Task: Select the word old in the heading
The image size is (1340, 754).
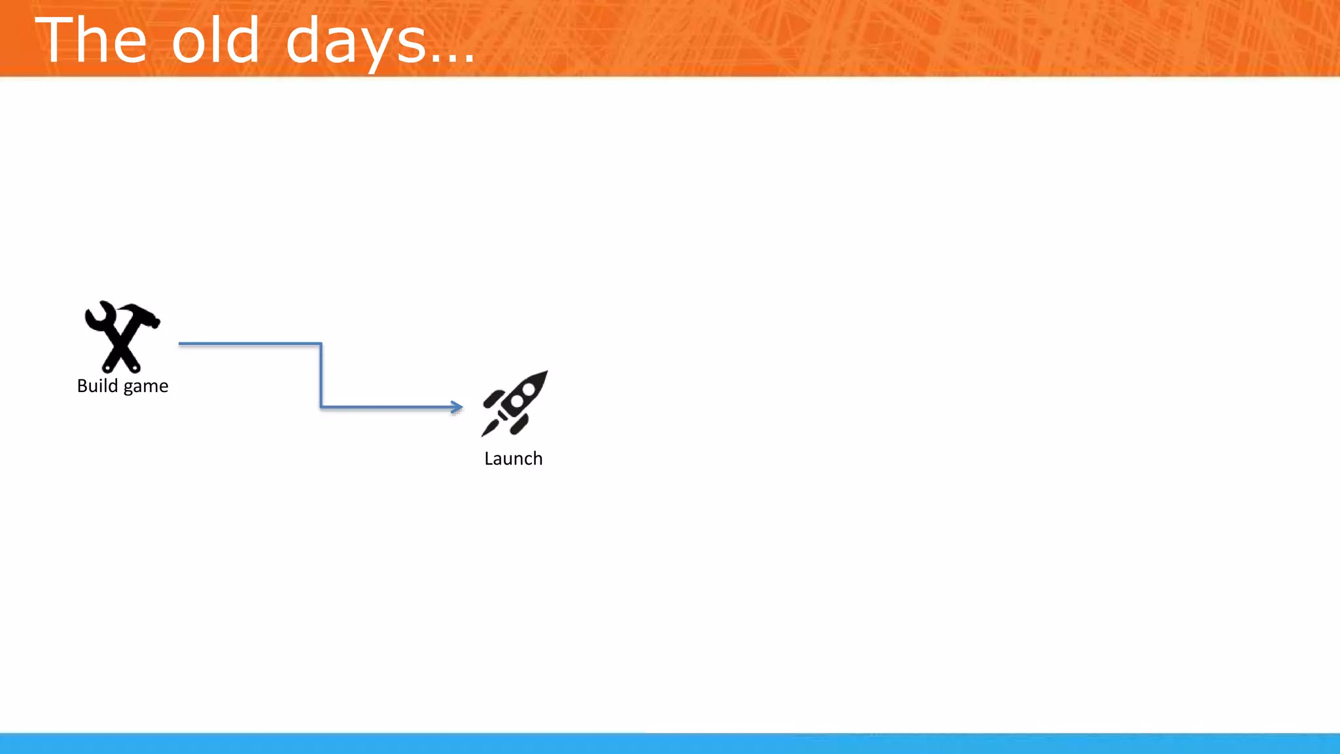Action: point(215,41)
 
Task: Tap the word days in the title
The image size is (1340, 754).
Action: point(356,42)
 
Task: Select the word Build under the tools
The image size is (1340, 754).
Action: point(97,386)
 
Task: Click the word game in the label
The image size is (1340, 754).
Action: point(145,387)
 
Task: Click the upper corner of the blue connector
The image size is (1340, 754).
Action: point(321,344)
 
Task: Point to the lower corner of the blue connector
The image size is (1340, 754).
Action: point(321,406)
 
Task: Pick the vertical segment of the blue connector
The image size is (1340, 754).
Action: point(321,376)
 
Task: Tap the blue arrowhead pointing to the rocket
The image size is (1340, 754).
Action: point(457,406)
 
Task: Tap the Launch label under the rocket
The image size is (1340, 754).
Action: point(513,459)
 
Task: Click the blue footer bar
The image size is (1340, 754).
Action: point(670,744)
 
